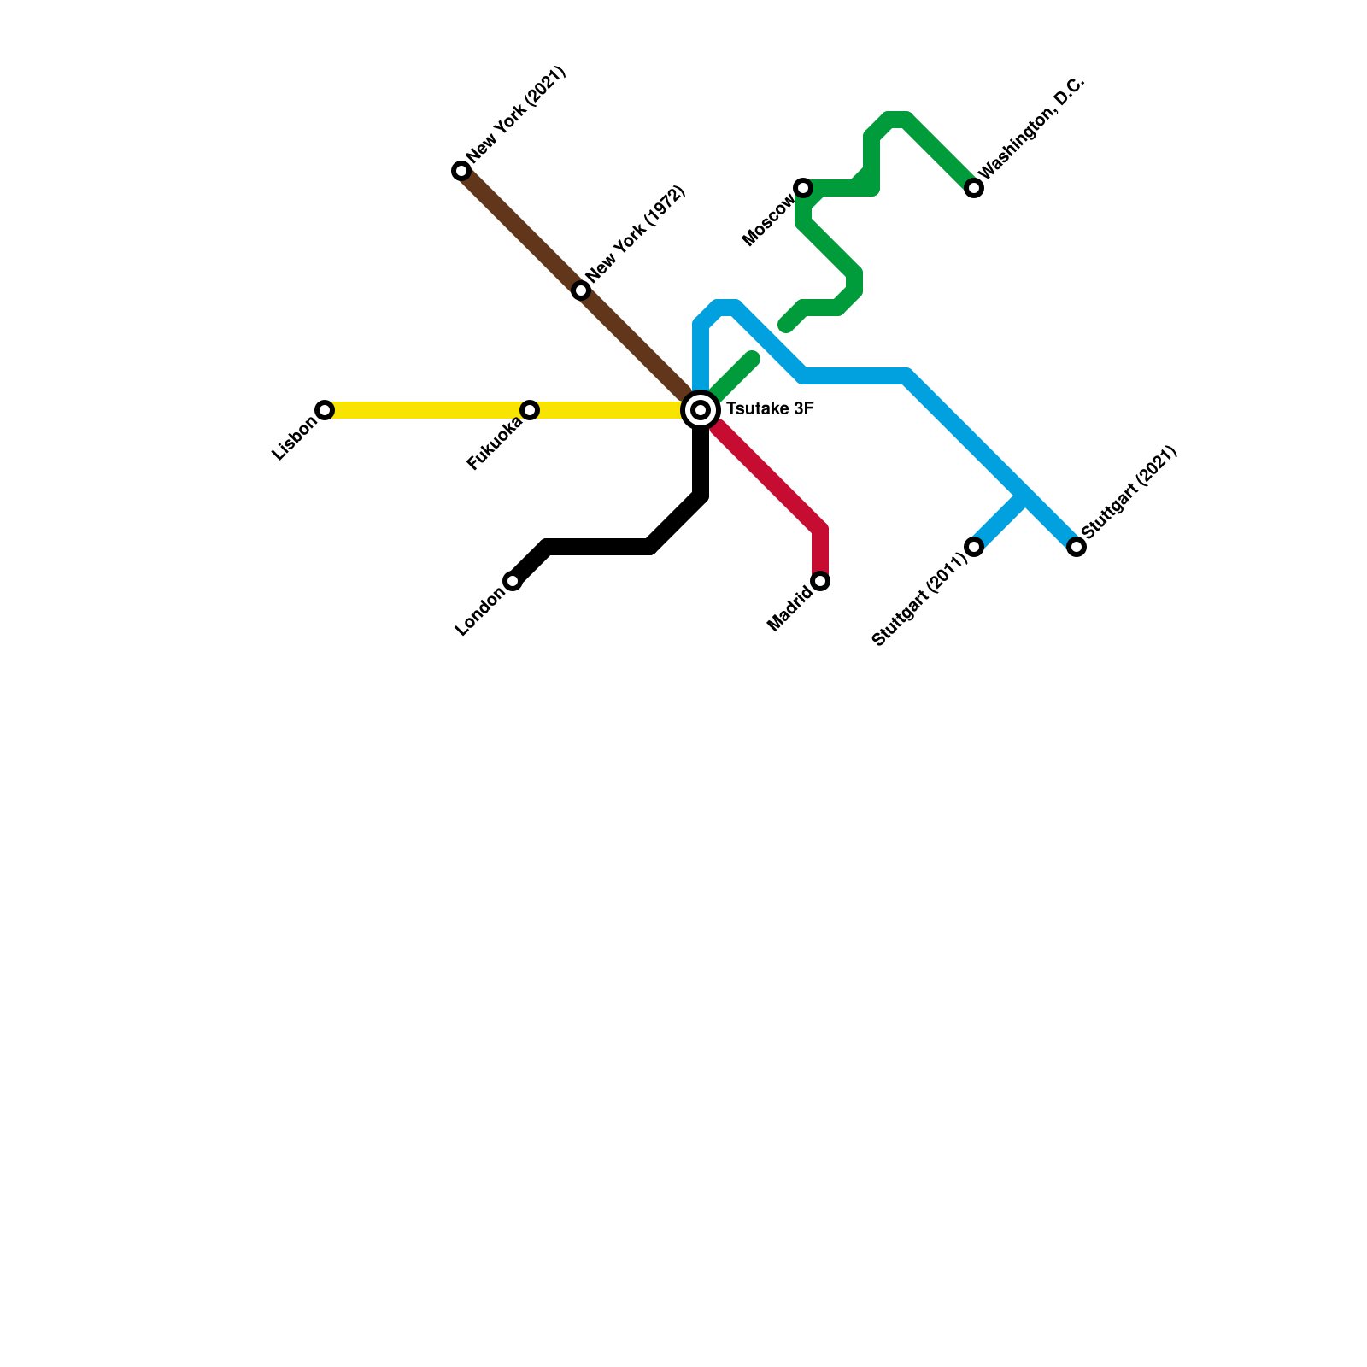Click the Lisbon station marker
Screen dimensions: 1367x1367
(325, 410)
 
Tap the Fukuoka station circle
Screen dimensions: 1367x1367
(530, 410)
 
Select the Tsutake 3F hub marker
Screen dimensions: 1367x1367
(701, 410)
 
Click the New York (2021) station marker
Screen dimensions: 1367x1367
(461, 171)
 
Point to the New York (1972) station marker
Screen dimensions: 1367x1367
(581, 290)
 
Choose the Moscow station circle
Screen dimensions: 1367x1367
(803, 188)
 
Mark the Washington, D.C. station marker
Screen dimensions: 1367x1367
(974, 188)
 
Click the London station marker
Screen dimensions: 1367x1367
(513, 581)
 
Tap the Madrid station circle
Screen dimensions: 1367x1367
(820, 581)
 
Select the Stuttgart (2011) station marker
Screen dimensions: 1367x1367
(974, 547)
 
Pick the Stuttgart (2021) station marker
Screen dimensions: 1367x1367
(1077, 547)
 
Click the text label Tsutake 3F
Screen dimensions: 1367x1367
(770, 409)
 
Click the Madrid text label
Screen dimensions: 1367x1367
(789, 610)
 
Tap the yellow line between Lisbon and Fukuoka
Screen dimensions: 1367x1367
(427, 410)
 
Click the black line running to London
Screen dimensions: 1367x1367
(598, 547)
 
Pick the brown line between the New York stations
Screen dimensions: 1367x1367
(521, 231)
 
